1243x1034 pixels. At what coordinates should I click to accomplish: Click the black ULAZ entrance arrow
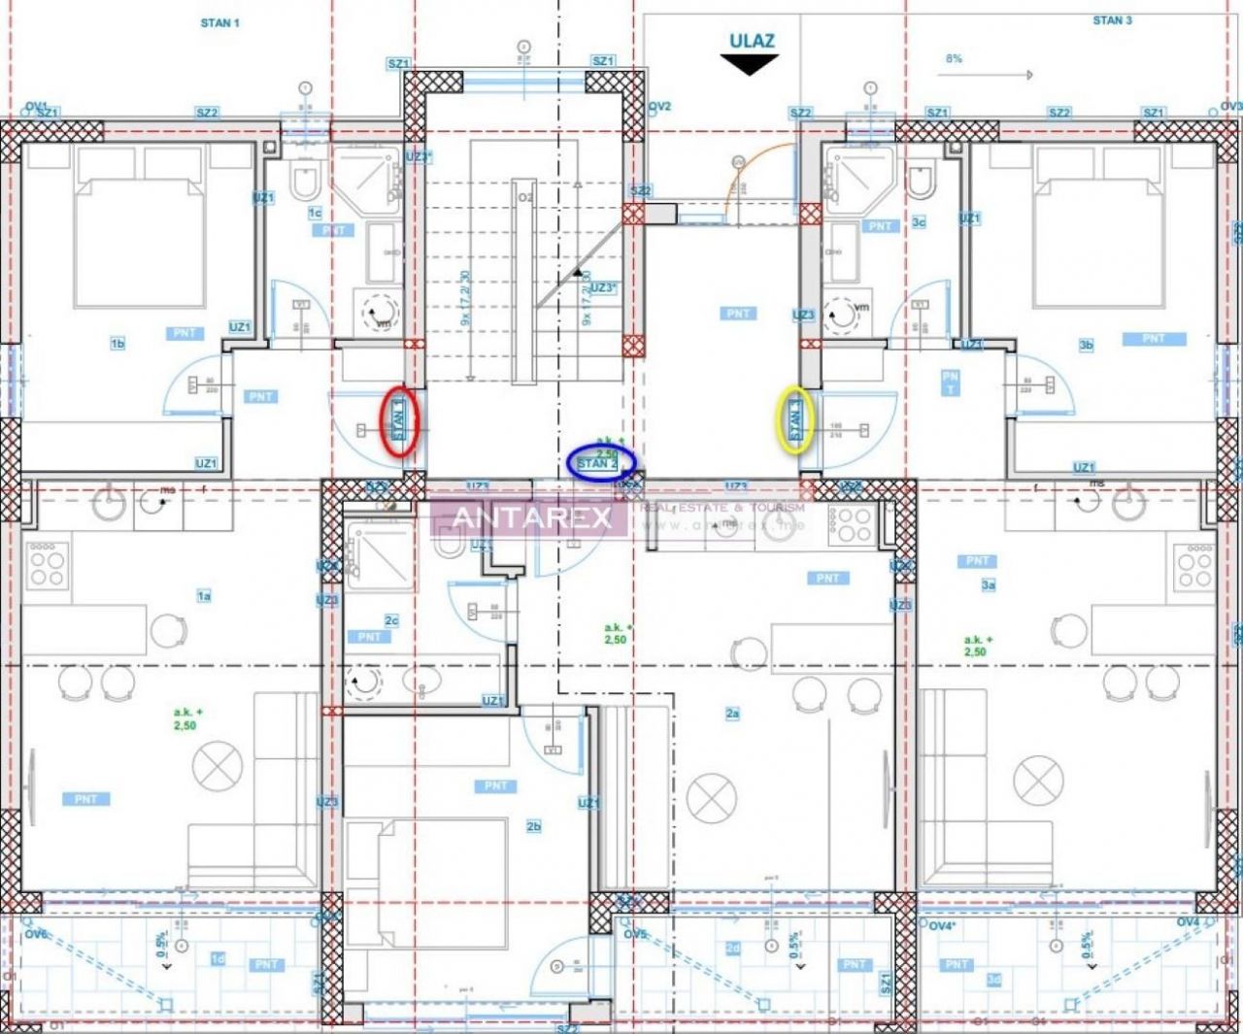750,64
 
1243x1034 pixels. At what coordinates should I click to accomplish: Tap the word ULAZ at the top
752,40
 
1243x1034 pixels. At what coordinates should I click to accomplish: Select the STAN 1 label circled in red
398,421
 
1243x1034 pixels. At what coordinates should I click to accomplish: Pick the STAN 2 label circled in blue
599,463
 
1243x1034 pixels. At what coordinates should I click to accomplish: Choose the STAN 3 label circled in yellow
795,420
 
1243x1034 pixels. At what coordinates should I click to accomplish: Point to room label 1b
118,344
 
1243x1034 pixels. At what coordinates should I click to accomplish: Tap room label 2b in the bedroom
533,826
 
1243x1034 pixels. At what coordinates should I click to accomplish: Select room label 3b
1086,345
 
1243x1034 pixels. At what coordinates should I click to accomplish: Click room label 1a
204,596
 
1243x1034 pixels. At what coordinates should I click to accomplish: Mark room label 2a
732,714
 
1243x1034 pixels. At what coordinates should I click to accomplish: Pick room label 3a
988,584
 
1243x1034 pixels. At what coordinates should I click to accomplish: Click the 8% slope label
954,58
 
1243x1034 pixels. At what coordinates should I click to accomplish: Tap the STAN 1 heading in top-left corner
219,22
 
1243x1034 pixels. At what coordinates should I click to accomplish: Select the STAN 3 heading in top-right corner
1112,19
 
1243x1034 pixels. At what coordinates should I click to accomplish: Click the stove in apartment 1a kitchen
46,564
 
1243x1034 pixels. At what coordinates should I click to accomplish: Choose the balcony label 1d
218,958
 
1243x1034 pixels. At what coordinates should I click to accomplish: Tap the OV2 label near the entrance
659,107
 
